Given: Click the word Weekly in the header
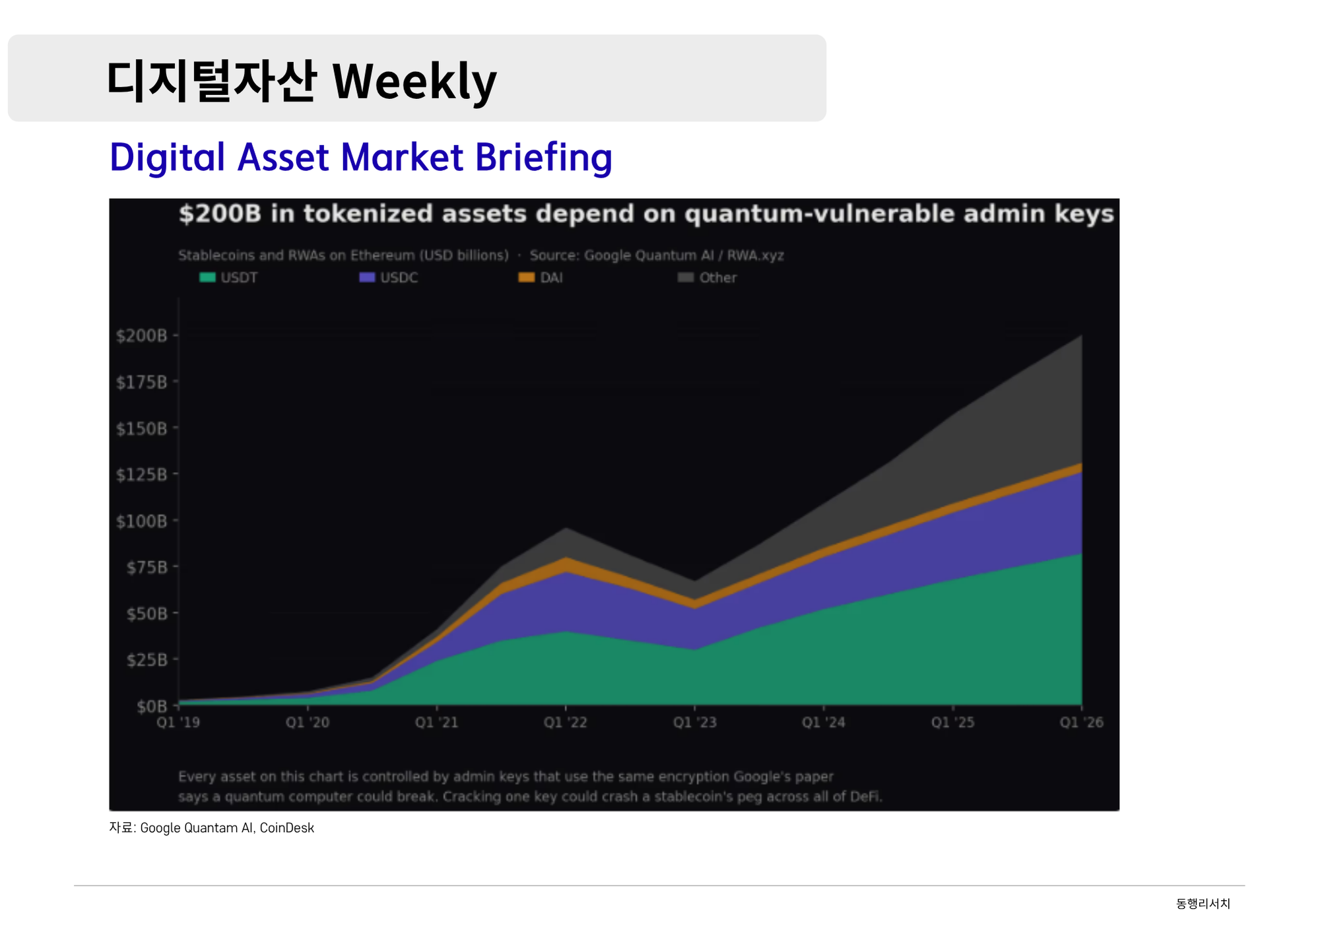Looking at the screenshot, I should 414,82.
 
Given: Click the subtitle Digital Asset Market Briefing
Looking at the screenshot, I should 360,157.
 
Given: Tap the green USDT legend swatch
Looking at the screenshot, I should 207,277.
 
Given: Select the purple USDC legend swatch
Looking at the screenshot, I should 367,277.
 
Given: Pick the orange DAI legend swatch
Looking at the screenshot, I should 526,277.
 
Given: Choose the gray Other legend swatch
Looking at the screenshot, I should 686,277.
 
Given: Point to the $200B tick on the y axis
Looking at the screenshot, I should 142,335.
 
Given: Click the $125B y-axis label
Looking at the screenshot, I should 142,474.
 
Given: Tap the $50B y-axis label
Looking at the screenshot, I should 147,614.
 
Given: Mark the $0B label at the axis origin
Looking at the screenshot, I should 151,706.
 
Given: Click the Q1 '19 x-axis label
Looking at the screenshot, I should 178,722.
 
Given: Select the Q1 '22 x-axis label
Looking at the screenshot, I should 566,722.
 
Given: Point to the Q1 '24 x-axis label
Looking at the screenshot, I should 824,722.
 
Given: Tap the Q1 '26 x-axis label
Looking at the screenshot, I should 1081,722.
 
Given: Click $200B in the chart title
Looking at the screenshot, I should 220,214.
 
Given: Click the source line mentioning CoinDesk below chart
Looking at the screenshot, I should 211,828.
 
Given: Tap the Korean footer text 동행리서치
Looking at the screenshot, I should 1203,903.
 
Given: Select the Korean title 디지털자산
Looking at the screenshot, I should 211,82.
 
